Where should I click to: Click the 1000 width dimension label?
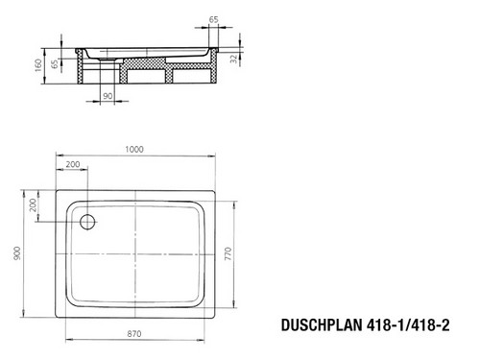coord(134,150)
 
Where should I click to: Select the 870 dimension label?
coord(134,334)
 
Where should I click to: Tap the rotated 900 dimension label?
coord(17,253)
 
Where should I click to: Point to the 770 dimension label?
coord(228,253)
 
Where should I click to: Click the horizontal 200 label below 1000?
coord(73,164)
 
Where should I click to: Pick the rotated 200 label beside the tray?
coord(33,205)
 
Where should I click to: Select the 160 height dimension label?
coord(38,65)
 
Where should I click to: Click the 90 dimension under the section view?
coord(108,96)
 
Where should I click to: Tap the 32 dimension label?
coord(234,59)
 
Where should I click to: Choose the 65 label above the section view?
coord(213,19)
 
